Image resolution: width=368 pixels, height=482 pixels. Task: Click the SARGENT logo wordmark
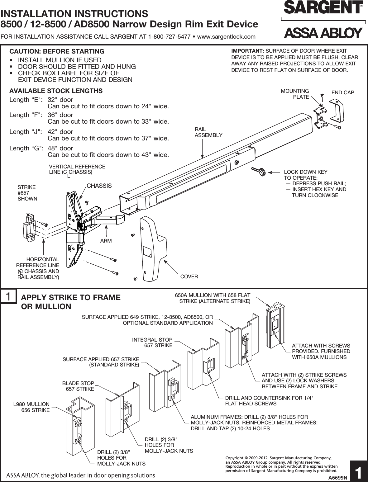click(x=323, y=8)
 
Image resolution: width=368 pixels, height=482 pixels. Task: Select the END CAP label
click(x=342, y=92)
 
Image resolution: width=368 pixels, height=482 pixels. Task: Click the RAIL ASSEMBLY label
click(x=208, y=132)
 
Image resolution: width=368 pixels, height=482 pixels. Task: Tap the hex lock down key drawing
click(x=257, y=171)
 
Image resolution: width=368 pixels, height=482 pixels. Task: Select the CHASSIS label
click(x=99, y=186)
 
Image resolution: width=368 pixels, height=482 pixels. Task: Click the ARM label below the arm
click(x=106, y=241)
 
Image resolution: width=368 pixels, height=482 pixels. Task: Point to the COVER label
click(x=189, y=276)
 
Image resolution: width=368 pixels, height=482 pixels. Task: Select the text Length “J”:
click(x=26, y=132)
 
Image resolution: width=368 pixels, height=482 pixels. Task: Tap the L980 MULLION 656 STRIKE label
click(x=31, y=407)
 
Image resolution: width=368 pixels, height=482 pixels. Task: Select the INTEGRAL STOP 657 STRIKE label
click(x=152, y=343)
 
